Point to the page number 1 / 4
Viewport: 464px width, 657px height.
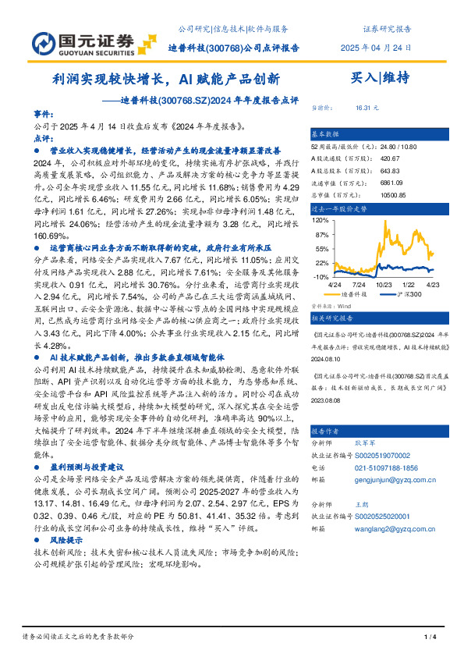(429, 637)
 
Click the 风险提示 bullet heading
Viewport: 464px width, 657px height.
(66, 540)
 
